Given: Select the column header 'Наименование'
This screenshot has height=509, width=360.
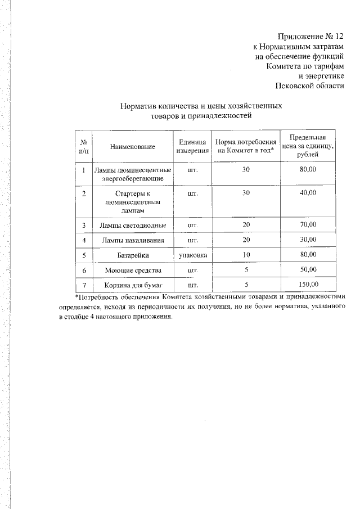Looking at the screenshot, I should tap(132, 146).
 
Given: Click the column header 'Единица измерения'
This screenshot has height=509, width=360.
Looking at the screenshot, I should tap(192, 146).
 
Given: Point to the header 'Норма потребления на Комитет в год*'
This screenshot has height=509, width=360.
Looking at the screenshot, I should tap(246, 146).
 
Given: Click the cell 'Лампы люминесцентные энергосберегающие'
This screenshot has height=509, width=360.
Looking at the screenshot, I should tap(133, 174).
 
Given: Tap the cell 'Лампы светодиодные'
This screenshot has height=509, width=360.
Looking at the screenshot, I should tap(133, 226).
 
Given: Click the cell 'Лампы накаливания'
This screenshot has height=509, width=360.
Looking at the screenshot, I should tap(133, 240).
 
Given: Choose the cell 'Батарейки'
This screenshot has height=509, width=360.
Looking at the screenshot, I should tap(133, 255).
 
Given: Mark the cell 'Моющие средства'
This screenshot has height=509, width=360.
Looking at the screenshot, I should tap(133, 269).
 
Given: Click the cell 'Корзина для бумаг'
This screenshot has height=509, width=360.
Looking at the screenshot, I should tap(133, 284).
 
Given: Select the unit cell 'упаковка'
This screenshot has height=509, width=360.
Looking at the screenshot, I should tap(192, 255).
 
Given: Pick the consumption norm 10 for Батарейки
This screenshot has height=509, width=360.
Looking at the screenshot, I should tap(246, 255).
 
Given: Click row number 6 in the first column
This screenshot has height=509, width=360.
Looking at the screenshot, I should tap(83, 269).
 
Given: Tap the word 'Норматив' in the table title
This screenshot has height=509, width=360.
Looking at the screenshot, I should tap(138, 105).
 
